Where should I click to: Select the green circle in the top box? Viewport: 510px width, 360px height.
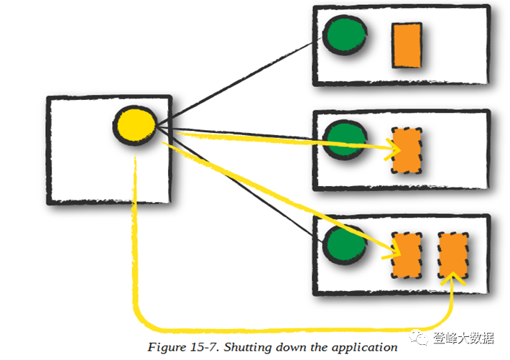click(345, 34)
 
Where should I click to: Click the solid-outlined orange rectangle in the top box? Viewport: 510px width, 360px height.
click(407, 45)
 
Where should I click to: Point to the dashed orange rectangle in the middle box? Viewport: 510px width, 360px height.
click(407, 151)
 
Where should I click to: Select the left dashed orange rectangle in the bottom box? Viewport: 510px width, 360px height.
click(406, 257)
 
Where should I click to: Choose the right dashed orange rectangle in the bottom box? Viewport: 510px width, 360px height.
click(453, 257)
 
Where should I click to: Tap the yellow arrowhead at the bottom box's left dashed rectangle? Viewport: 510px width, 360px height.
click(393, 251)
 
